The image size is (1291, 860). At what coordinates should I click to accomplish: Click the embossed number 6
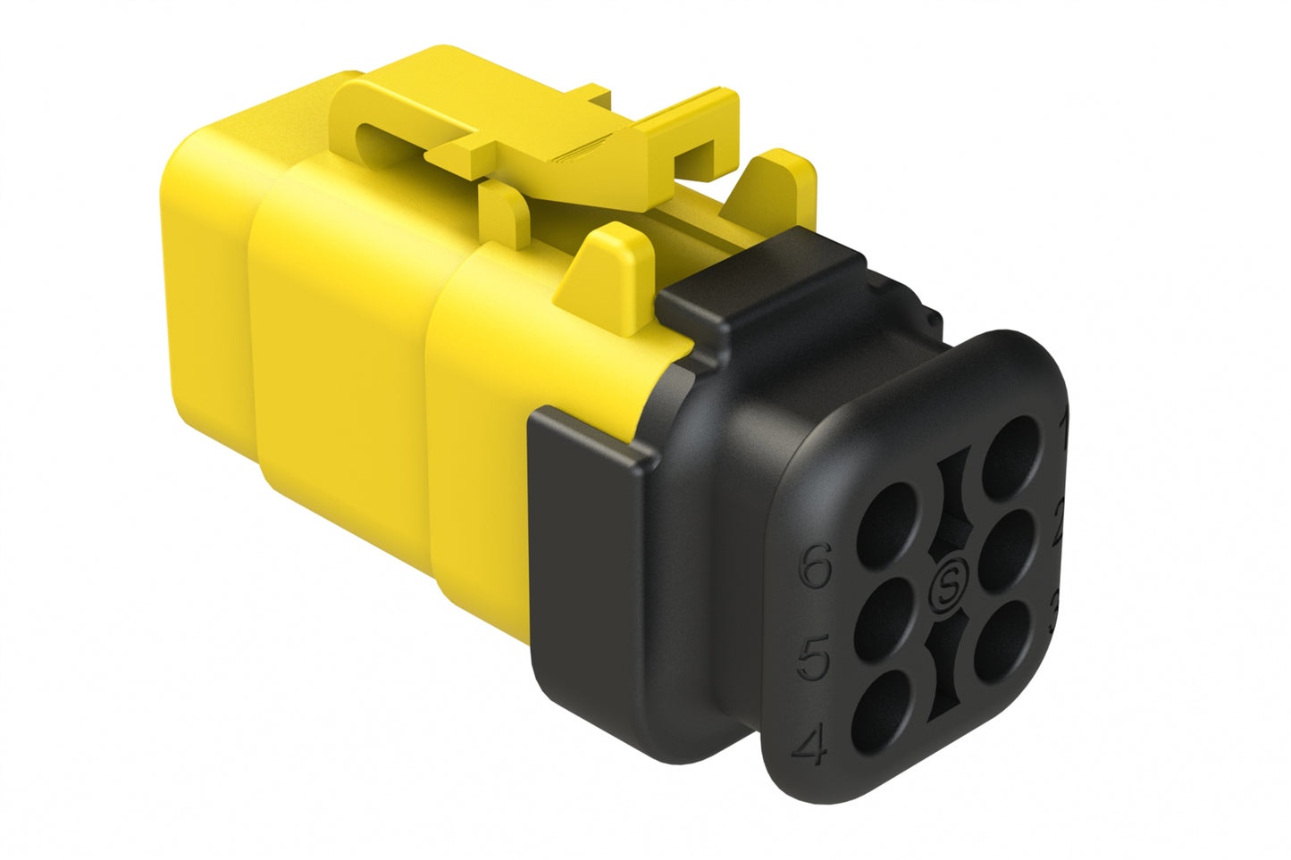click(x=814, y=566)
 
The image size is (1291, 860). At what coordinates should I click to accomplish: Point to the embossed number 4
click(x=810, y=747)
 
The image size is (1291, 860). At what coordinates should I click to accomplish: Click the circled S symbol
click(x=947, y=588)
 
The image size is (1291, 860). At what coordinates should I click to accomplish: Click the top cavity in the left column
click(x=887, y=523)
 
